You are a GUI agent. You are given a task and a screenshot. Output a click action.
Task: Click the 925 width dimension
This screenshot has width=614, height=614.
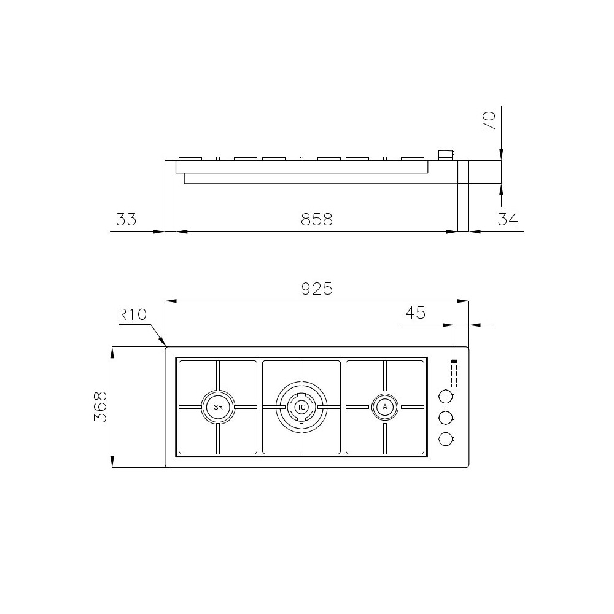pyautogui.click(x=317, y=288)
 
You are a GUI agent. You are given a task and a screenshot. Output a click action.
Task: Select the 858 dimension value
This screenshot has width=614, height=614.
pyautogui.click(x=316, y=219)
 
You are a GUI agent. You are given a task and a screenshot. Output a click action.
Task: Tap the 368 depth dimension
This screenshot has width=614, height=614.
pyautogui.click(x=101, y=406)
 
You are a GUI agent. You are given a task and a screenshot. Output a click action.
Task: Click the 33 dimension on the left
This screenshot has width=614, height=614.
pyautogui.click(x=126, y=219)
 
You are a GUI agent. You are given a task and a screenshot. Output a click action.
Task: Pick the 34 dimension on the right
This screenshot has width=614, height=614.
pyautogui.click(x=508, y=219)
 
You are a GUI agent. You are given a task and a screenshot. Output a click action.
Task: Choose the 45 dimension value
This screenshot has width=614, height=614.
pyautogui.click(x=416, y=313)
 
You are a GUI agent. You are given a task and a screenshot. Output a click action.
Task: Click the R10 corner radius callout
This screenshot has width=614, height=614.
pyautogui.click(x=132, y=315)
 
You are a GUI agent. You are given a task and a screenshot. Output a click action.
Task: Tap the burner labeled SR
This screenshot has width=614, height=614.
pyautogui.click(x=217, y=407)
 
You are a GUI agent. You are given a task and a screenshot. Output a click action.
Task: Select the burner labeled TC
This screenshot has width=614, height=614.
pyautogui.click(x=301, y=407)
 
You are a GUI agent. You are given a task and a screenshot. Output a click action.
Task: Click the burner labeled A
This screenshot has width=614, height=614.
pyautogui.click(x=385, y=406)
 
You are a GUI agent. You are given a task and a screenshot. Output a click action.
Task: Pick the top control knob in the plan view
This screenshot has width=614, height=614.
pyautogui.click(x=446, y=396)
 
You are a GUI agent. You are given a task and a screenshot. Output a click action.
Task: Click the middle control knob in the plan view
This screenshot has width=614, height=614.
pyautogui.click(x=446, y=418)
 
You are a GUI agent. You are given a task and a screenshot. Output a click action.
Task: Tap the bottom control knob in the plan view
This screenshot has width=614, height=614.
pyautogui.click(x=446, y=438)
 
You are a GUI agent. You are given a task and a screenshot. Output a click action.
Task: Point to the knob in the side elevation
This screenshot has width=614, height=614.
pyautogui.click(x=445, y=154)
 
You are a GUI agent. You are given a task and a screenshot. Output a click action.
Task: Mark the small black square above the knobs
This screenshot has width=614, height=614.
pyautogui.click(x=454, y=362)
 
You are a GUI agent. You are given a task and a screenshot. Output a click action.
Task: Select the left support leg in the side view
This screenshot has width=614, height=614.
pyautogui.click(x=170, y=196)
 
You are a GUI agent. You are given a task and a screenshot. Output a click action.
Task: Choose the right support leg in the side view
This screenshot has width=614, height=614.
pyautogui.click(x=463, y=196)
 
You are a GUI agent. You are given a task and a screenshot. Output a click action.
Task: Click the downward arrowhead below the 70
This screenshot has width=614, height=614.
pyautogui.click(x=502, y=156)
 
